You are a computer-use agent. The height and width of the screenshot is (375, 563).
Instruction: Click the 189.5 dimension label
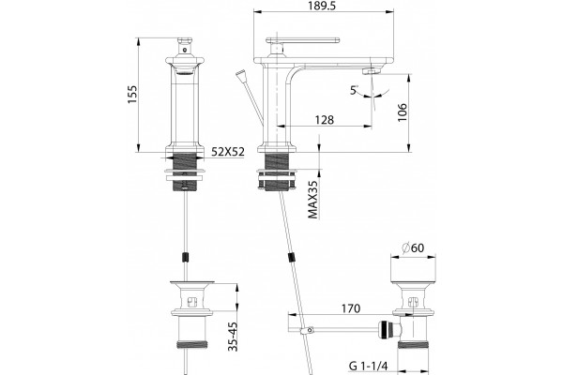click(321, 6)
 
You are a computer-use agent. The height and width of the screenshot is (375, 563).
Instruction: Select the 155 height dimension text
click(132, 95)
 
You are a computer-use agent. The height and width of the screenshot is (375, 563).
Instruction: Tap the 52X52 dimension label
click(228, 152)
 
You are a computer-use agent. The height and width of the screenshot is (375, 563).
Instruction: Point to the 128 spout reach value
click(325, 119)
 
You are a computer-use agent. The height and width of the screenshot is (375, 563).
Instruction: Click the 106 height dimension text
click(403, 112)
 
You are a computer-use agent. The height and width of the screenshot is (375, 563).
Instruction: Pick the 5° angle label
click(355, 90)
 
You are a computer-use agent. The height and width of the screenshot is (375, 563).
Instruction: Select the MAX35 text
click(312, 200)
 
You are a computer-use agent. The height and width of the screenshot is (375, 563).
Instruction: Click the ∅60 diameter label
click(413, 247)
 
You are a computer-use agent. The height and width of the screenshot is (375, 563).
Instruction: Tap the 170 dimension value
click(350, 308)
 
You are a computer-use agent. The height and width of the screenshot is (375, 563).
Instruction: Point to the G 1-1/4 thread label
click(369, 367)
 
